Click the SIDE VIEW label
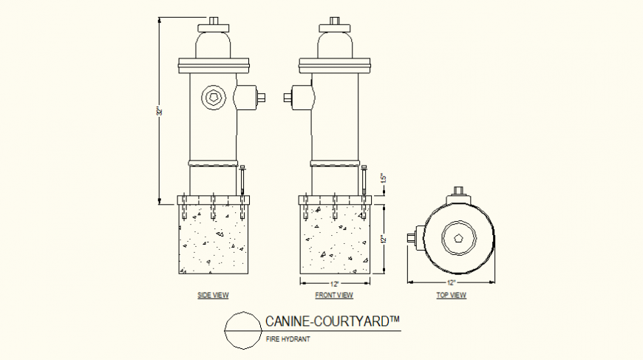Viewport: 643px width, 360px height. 213,296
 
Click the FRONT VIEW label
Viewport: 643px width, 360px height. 334,296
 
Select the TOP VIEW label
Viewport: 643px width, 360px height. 452,296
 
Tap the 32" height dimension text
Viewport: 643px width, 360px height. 158,111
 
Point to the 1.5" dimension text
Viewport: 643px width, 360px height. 383,179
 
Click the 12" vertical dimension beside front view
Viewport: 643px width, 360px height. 383,239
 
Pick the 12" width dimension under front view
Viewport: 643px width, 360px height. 334,283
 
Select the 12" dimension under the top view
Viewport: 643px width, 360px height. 452,283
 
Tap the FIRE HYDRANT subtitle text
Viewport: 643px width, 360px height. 287,339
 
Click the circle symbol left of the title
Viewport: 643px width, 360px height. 241,330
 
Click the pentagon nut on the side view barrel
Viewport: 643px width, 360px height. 214,97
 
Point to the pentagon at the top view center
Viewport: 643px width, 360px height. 458,238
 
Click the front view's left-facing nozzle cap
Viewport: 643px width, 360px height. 288,96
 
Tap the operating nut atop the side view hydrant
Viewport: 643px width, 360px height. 214,20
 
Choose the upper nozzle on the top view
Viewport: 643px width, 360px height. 458,194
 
